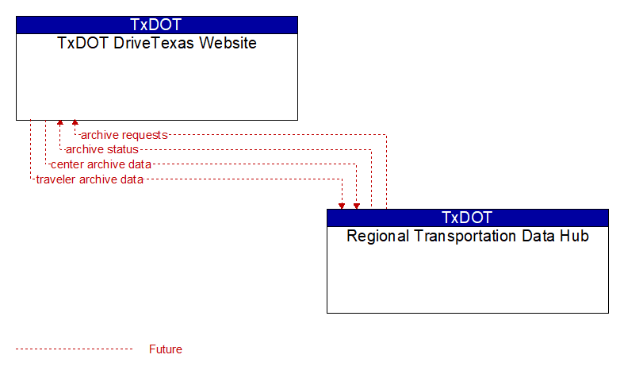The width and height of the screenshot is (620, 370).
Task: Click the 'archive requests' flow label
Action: click(x=124, y=135)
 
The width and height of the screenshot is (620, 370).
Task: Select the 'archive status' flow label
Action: click(x=102, y=149)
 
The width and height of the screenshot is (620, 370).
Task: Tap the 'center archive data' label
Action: click(x=101, y=164)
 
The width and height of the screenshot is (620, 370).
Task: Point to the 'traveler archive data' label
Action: click(x=90, y=179)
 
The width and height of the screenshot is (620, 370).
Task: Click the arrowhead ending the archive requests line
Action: click(x=75, y=122)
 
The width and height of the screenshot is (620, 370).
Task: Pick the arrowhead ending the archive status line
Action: click(x=60, y=122)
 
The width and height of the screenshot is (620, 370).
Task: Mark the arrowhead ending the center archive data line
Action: click(x=357, y=206)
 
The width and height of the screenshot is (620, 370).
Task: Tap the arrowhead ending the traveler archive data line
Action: click(x=342, y=206)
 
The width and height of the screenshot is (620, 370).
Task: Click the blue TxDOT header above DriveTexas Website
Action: click(x=157, y=25)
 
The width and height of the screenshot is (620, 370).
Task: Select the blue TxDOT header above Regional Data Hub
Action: click(x=468, y=218)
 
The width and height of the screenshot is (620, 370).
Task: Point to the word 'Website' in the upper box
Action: click(x=228, y=43)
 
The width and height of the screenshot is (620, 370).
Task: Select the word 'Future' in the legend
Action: click(x=166, y=349)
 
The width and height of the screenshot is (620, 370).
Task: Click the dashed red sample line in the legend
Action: click(x=75, y=349)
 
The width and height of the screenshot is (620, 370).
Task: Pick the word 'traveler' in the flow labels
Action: click(x=55, y=179)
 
